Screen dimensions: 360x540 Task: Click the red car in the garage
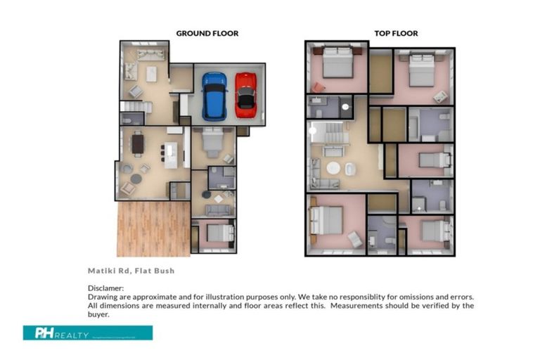click(245, 94)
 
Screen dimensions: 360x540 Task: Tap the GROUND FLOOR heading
click(207, 33)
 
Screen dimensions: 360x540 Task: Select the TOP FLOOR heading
click(395, 33)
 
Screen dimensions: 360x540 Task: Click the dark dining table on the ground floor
click(138, 144)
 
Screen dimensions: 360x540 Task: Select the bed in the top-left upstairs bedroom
click(338, 63)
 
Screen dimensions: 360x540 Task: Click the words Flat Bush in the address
click(156, 271)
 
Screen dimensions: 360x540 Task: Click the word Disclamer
click(105, 288)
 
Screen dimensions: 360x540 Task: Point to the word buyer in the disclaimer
click(100, 314)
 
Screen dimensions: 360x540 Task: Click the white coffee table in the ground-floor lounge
click(150, 73)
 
